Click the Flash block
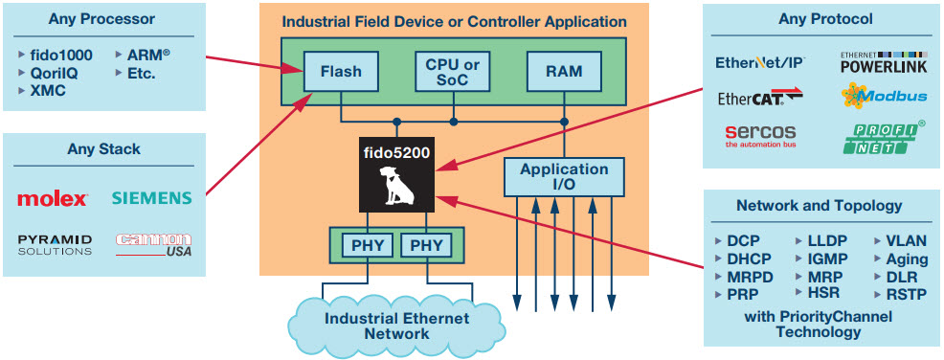coord(341,72)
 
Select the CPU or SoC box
coord(454,72)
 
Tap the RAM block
coord(564,72)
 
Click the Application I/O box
coord(564,177)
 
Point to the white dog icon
coord(395,186)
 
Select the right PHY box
coord(427,246)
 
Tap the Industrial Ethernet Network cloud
coord(396,325)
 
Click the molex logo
coord(53,198)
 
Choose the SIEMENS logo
coord(151,198)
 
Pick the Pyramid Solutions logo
coord(55,244)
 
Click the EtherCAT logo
coord(760,97)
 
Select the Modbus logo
coord(884,96)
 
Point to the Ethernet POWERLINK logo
coord(884,62)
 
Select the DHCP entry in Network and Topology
coord(744,259)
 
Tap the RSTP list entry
coord(900,294)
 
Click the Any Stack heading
coord(104,148)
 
